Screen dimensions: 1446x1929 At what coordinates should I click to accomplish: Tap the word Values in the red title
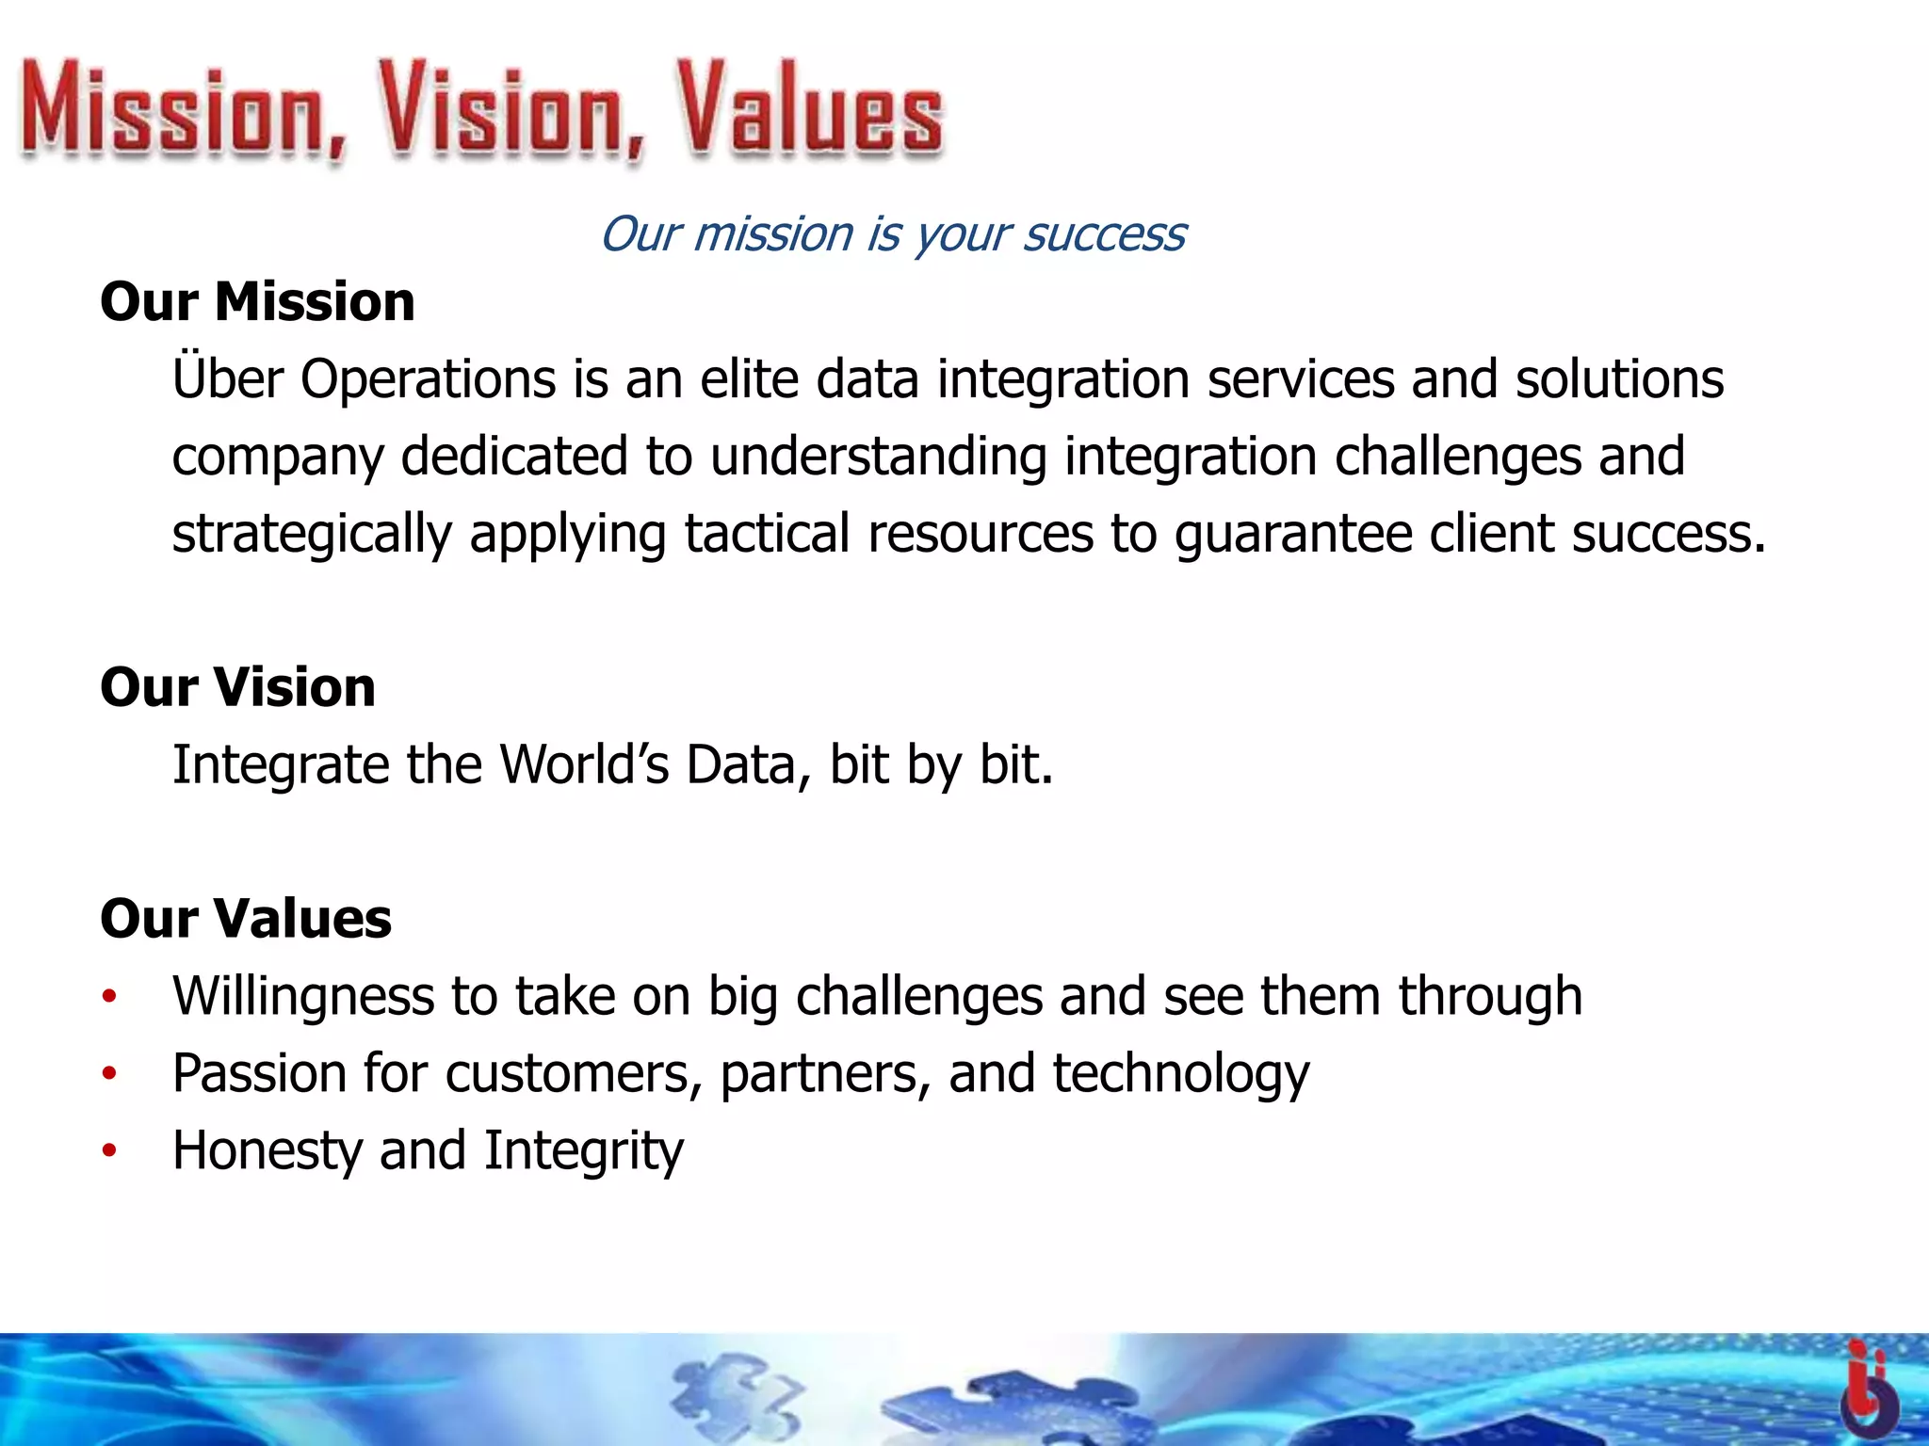coord(810,111)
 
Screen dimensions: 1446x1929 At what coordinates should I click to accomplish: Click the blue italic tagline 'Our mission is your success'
coord(893,233)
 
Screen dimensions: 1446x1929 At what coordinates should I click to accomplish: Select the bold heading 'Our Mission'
coord(257,302)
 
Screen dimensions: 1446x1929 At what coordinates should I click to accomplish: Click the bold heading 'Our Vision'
coord(237,687)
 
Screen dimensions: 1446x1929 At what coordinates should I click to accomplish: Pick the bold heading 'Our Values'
coord(246,919)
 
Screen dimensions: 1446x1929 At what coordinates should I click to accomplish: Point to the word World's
coord(584,764)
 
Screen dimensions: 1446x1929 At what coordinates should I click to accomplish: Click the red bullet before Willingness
coord(110,997)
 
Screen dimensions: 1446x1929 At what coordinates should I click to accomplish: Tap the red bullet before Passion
coord(110,1074)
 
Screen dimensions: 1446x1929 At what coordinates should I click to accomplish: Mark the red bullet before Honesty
coord(110,1151)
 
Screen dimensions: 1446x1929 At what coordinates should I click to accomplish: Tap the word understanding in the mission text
coord(878,458)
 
